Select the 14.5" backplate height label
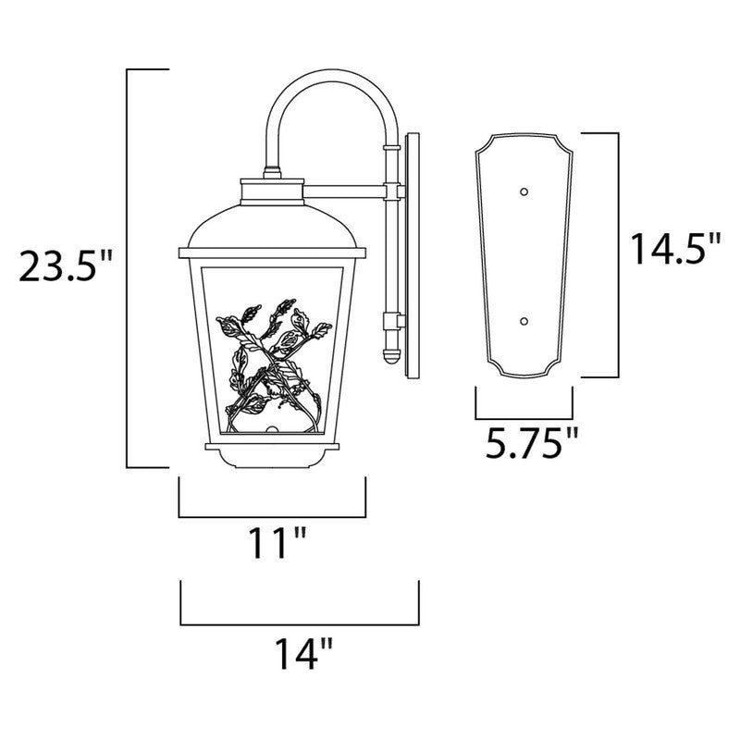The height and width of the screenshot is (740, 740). click(x=674, y=251)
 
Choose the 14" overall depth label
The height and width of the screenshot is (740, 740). click(x=299, y=654)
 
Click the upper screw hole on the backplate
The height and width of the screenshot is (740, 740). click(x=524, y=191)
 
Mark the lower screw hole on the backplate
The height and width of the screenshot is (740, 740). click(x=524, y=321)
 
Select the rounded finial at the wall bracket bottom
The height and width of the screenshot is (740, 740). click(x=388, y=353)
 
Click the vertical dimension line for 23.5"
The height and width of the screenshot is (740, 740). click(x=127, y=268)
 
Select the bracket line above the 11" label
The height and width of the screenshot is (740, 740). click(x=272, y=514)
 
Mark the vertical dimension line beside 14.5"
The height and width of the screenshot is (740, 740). click(x=616, y=254)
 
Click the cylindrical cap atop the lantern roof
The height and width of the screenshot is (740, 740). click(x=271, y=190)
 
